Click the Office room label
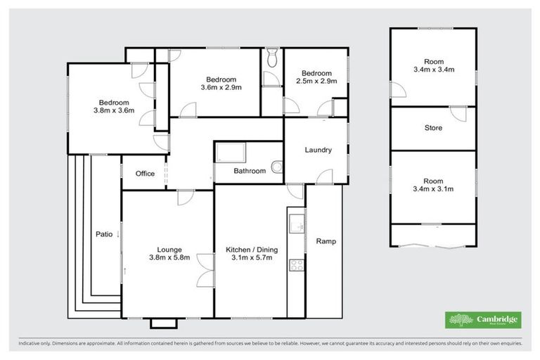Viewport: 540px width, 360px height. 145,174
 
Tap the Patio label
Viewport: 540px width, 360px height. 103,234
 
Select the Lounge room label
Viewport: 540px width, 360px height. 169,249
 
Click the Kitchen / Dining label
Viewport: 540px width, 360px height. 249,249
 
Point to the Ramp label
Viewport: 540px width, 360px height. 326,241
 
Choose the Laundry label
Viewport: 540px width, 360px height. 318,150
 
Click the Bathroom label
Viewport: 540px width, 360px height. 250,171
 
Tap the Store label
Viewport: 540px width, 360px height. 433,128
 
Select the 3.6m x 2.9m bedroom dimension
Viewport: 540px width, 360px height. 221,88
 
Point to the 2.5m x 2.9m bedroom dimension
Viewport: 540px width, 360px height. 316,82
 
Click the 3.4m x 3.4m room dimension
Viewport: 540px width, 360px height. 434,69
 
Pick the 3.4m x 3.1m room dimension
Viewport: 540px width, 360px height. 434,188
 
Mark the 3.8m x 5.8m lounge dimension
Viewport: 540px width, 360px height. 169,257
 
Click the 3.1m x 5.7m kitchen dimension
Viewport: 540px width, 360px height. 249,257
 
